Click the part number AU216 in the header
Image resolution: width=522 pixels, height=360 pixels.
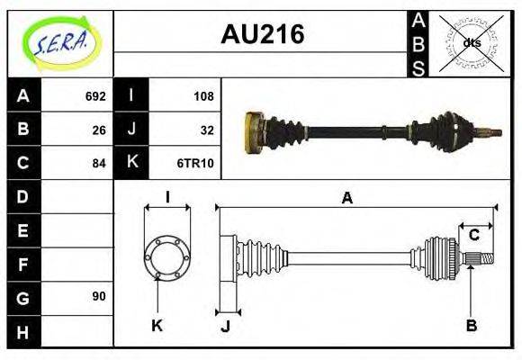tap(262, 35)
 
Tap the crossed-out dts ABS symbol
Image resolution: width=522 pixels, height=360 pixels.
tap(471, 42)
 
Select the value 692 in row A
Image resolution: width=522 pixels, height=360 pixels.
tap(94, 95)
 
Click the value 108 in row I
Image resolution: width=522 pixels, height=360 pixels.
tap(203, 95)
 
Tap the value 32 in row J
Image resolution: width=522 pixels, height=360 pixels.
tap(207, 129)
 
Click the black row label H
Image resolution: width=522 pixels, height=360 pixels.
tap(23, 331)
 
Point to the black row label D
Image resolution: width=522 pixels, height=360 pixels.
tap(23, 196)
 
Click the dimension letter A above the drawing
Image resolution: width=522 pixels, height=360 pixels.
tap(346, 199)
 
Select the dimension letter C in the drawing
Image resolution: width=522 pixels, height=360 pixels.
tap(473, 236)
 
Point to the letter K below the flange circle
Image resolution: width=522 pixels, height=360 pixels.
tap(157, 326)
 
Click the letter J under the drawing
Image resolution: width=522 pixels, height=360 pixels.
tap(226, 326)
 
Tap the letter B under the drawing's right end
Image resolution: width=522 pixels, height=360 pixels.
tap(471, 326)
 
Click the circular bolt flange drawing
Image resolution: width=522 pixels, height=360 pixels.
tap(167, 256)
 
